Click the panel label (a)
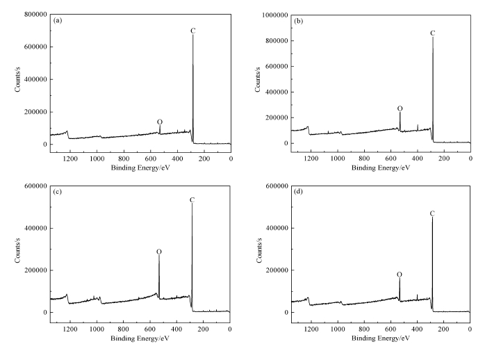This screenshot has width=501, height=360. point(58,21)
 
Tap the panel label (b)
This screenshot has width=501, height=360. point(299,21)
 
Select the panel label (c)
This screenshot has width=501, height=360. point(58,191)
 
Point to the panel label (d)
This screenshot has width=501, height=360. point(299,191)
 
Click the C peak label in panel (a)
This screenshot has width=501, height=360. point(193,31)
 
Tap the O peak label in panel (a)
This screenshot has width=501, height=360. point(160,122)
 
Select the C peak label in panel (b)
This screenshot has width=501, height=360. point(432,33)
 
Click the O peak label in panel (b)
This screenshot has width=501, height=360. point(400,108)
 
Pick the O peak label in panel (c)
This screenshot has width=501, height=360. point(158,252)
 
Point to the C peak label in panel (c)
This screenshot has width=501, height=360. point(192,200)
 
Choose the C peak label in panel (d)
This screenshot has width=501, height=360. point(432,213)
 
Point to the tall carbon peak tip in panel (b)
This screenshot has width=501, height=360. point(432,38)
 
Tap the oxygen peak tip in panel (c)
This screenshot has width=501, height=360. point(159,256)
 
